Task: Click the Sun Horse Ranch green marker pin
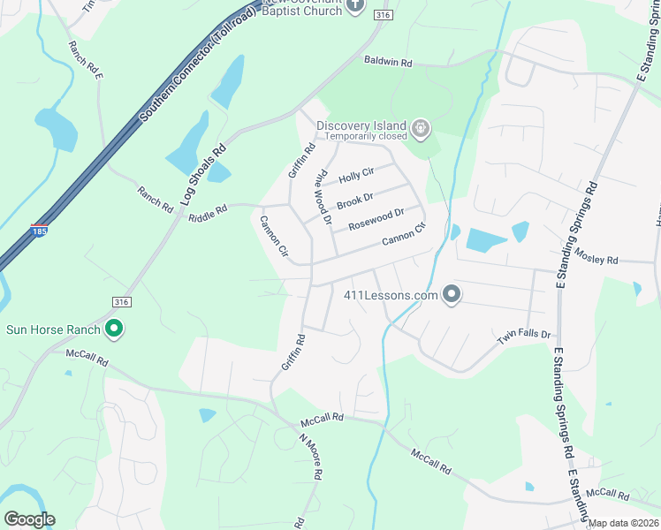[113, 329]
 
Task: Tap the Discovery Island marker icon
[421, 130]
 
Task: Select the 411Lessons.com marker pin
[452, 294]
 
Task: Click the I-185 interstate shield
[39, 230]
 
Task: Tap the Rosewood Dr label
[376, 219]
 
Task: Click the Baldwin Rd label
[388, 63]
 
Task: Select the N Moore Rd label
[309, 456]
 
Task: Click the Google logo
[29, 519]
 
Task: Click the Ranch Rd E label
[87, 59]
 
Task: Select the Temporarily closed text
[365, 136]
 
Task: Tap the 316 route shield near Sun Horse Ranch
[118, 302]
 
